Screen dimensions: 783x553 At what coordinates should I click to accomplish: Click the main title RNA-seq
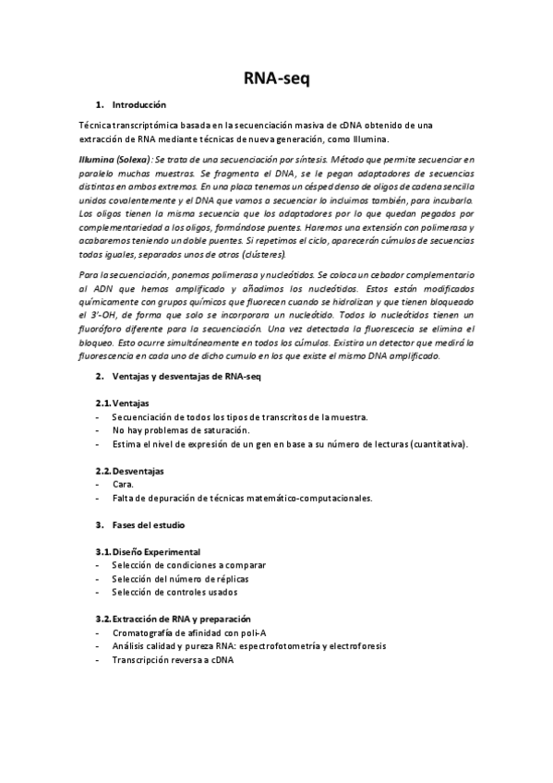click(x=276, y=79)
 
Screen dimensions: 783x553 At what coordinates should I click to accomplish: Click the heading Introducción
click(x=138, y=105)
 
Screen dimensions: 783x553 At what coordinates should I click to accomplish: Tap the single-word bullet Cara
click(x=123, y=484)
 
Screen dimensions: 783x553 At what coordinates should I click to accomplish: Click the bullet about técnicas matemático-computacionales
click(x=242, y=498)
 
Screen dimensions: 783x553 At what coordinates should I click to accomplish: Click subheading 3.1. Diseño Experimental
click(x=148, y=551)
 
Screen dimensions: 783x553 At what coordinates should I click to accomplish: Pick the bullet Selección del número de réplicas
click(x=180, y=579)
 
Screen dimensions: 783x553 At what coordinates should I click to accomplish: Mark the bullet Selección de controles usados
click(x=174, y=592)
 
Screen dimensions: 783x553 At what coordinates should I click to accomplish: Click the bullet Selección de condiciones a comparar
click(x=188, y=565)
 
